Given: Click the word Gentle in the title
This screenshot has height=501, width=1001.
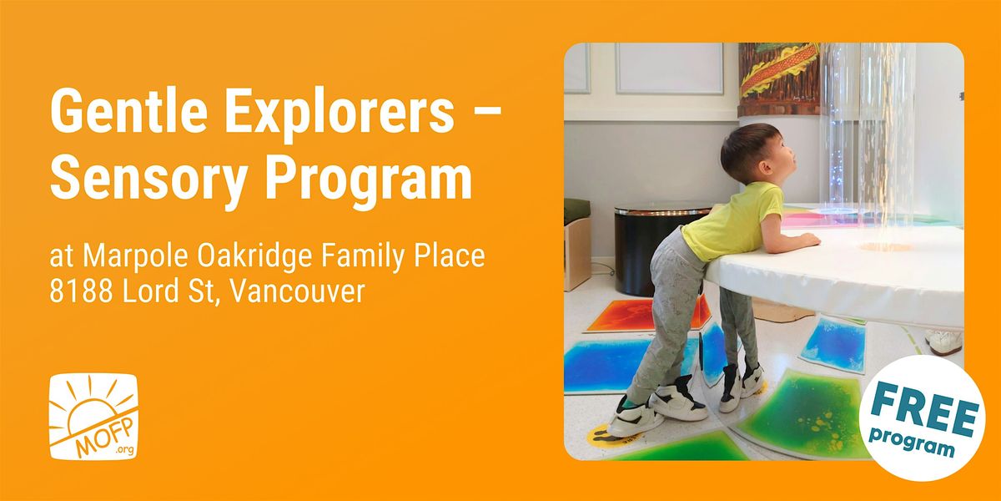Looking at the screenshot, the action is pos(128,110).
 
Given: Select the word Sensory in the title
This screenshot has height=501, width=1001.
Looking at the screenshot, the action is pos(149,178).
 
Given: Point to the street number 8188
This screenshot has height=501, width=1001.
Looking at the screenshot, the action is pos(81,291).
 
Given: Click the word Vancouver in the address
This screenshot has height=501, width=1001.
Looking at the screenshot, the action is pos(298,291).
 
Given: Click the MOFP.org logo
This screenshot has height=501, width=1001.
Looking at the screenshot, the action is pos(93,417).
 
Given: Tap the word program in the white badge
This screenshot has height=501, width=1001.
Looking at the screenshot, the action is pos(912,441).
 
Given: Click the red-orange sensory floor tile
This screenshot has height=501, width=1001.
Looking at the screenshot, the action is pos(648,315).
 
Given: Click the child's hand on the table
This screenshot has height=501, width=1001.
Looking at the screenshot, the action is pos(809,240).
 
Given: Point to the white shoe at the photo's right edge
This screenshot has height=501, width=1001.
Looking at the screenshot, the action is pos(944,342).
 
